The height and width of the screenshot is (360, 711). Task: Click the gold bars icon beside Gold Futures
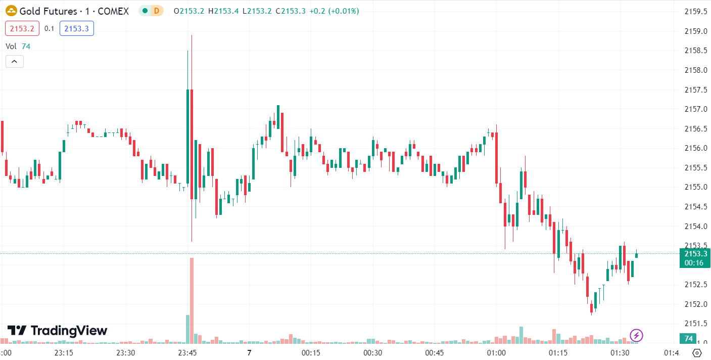click(11, 11)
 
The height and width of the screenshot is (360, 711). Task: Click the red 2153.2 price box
click(22, 29)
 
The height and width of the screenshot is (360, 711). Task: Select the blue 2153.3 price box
click(77, 29)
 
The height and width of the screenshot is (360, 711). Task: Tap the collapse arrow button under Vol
click(14, 62)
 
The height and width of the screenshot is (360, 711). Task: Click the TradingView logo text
click(58, 331)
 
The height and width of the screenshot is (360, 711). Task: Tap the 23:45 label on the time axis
click(187, 353)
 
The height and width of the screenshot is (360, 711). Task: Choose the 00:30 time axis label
click(372, 353)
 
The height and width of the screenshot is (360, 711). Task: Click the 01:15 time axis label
click(558, 353)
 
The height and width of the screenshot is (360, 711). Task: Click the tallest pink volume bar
click(192, 298)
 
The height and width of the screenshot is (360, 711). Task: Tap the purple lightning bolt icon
click(637, 335)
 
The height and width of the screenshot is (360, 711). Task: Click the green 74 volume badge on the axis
click(688, 338)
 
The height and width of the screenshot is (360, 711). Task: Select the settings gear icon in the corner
click(697, 353)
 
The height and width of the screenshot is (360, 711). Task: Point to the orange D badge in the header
click(157, 11)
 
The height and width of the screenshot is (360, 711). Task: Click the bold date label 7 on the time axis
click(249, 353)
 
